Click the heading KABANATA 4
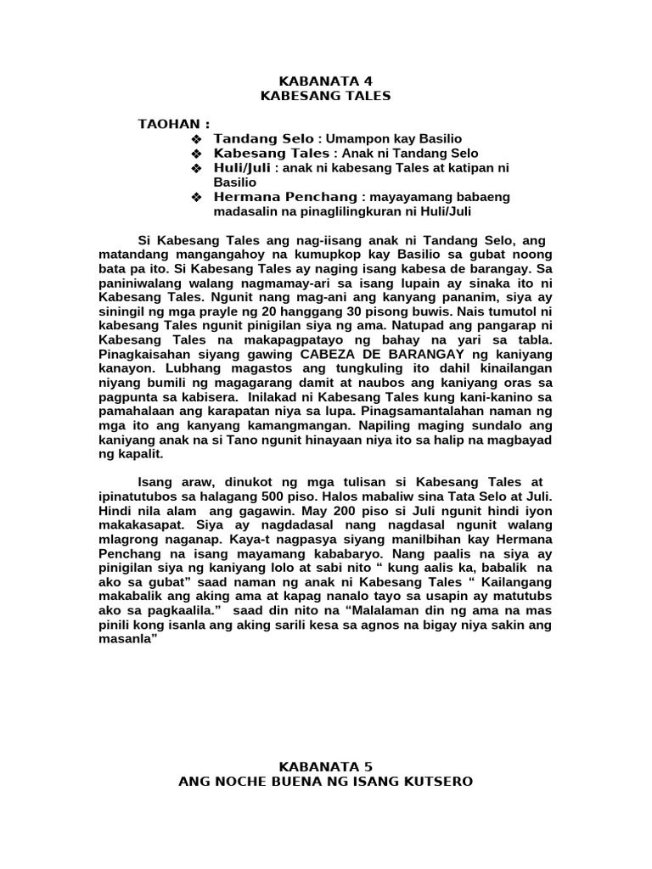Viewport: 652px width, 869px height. pyautogui.click(x=326, y=81)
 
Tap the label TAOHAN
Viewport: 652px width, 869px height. pyautogui.click(x=174, y=124)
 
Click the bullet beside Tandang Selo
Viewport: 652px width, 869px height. pyautogui.click(x=196, y=138)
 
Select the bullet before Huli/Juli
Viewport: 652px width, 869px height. pyautogui.click(x=196, y=169)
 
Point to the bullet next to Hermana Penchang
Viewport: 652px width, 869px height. pyautogui.click(x=196, y=198)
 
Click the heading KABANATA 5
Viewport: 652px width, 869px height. pyautogui.click(x=326, y=767)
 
